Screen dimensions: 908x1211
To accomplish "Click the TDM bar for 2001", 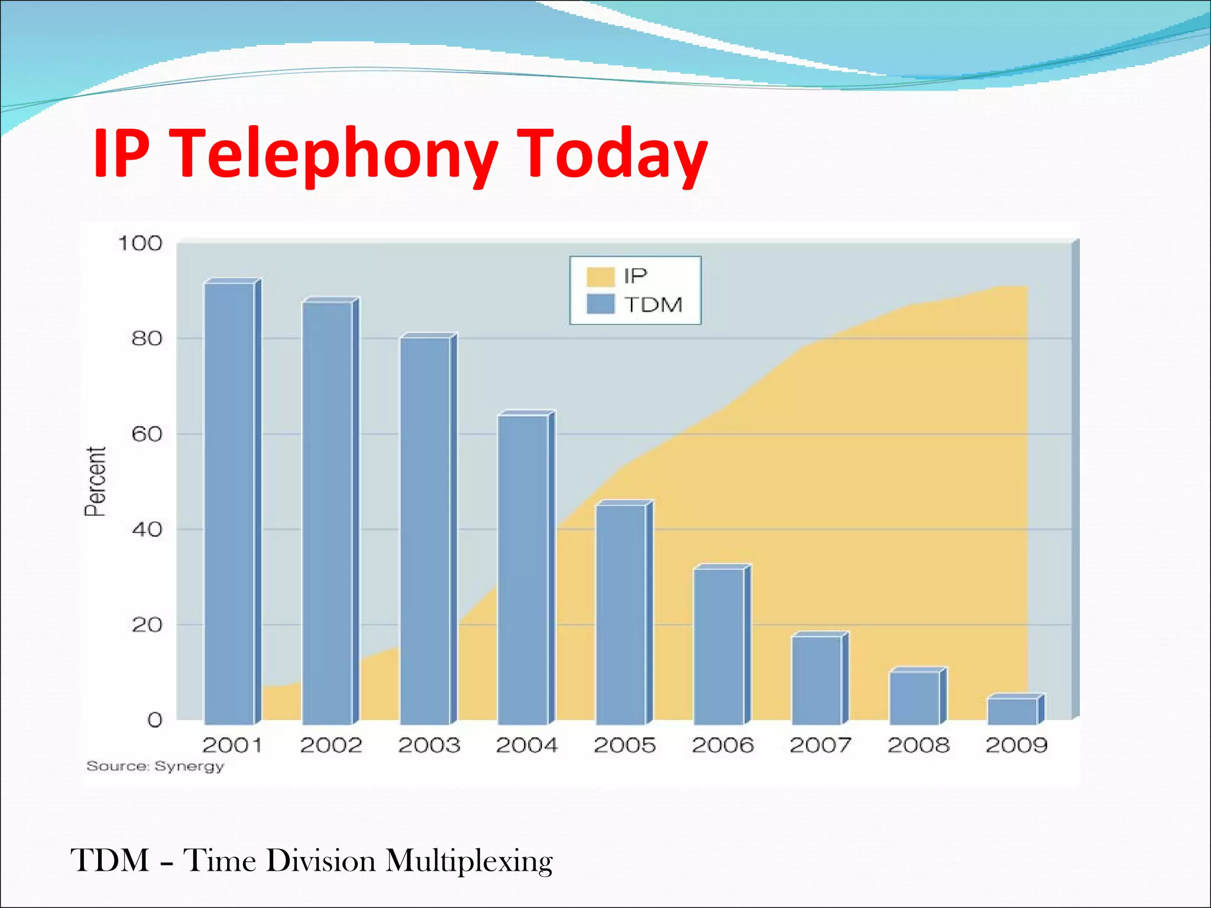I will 229,502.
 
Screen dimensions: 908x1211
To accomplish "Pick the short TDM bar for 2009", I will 1012,711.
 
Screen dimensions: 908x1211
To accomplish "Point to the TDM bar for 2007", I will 817,679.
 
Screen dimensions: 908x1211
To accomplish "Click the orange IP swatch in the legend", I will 600,277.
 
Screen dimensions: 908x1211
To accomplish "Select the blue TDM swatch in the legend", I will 600,304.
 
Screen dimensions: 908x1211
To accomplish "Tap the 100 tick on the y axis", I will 140,244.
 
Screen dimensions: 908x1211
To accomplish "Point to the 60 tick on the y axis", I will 147,434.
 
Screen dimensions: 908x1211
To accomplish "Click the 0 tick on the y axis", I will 154,720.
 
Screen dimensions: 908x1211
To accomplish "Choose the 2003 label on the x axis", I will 429,745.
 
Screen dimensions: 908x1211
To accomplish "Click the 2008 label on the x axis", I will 918,745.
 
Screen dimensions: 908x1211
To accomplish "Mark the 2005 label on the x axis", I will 624,745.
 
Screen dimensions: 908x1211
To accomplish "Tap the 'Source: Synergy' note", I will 156,767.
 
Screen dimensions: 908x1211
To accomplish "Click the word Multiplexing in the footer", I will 469,861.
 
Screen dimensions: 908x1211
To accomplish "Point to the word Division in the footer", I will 320,861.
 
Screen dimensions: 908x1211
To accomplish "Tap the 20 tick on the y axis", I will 147,625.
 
